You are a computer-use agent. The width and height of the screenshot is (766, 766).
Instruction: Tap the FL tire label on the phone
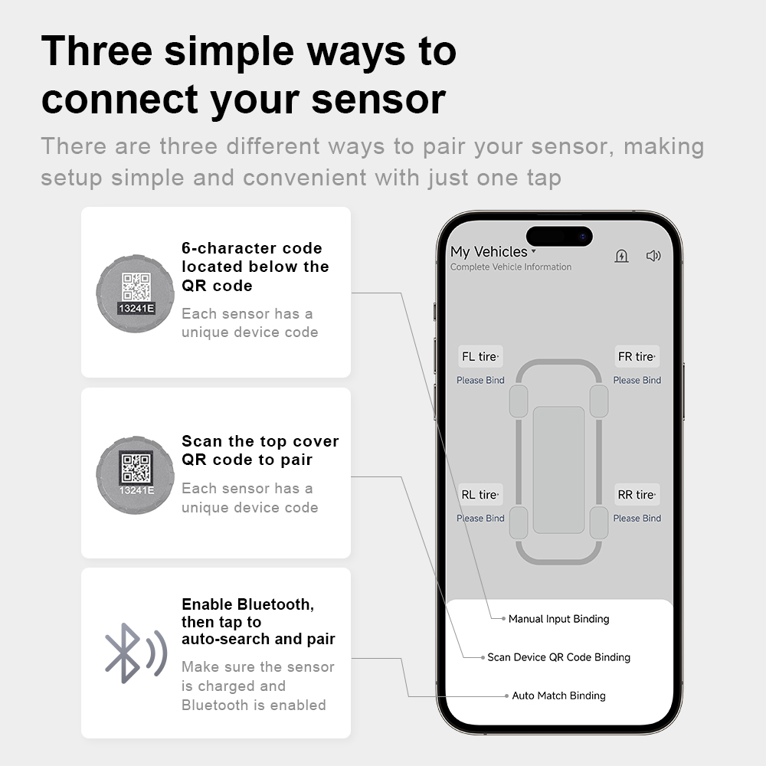tap(480, 357)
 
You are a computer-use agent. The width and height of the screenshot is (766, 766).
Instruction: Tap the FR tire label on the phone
tap(637, 357)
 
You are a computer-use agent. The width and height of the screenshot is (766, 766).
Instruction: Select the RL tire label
tap(480, 494)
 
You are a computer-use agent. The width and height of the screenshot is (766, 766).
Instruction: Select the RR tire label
tap(637, 494)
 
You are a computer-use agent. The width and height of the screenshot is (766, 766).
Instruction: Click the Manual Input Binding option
tap(559, 619)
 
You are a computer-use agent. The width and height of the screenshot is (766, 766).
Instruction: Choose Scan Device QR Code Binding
tap(559, 657)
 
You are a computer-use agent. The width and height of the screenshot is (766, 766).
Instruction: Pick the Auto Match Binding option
tap(559, 696)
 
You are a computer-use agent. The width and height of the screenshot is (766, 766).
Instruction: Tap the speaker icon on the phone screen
tap(653, 256)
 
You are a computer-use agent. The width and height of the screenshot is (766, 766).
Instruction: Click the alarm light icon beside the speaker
tap(621, 256)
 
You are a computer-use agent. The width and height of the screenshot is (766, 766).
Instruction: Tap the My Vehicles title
tap(489, 251)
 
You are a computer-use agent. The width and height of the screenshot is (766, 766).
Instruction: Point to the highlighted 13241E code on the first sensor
tap(136, 308)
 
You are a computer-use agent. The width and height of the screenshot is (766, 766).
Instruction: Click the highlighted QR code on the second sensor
tap(136, 467)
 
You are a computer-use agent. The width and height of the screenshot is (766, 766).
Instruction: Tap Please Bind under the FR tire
tap(637, 380)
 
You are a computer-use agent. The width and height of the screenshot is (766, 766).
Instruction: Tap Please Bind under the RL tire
tap(481, 519)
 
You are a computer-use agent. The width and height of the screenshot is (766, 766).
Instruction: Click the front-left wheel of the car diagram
tap(519, 401)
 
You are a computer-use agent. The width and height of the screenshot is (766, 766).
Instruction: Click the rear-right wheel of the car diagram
tap(599, 522)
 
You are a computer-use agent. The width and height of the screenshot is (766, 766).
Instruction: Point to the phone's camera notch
tap(559, 237)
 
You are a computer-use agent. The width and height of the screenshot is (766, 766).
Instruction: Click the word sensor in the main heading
tap(378, 100)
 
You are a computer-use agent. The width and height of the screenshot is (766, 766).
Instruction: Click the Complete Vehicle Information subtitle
tap(511, 267)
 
